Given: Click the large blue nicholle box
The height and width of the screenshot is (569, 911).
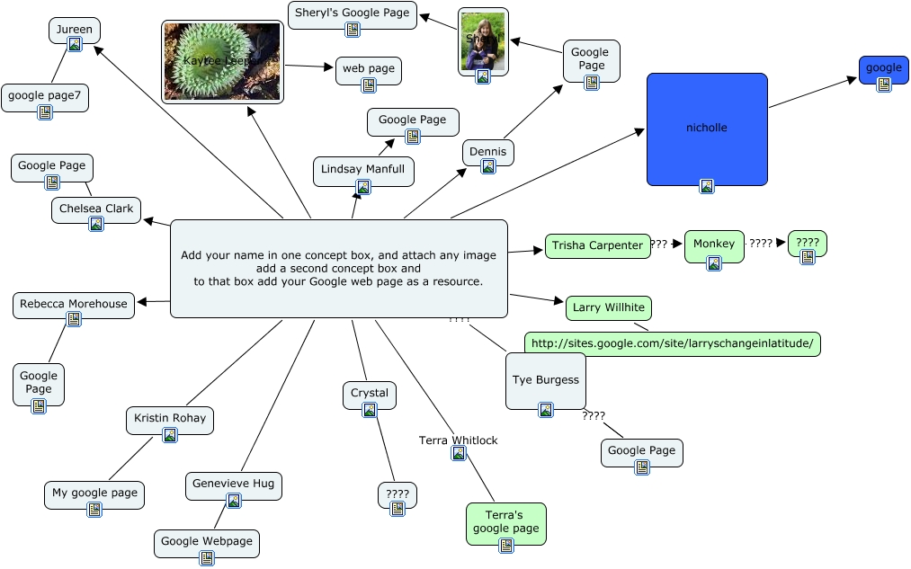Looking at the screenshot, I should pos(707,129).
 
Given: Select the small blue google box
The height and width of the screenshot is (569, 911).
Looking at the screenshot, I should pos(883,69).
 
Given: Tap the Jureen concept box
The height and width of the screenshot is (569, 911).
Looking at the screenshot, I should pos(75,31).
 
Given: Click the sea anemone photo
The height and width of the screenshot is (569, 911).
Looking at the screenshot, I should pos(222,61).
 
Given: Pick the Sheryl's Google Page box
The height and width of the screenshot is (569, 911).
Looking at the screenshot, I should pos(352,13).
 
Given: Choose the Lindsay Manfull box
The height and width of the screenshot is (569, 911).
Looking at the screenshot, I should pos(363,170).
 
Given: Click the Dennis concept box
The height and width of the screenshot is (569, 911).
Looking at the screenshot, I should pos(488,153).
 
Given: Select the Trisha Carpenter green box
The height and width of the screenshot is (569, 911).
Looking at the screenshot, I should pos(597,245).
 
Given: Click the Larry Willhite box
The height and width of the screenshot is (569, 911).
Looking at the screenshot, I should pos(609,308).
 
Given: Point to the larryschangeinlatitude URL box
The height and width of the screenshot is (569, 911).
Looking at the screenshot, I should pos(672,343).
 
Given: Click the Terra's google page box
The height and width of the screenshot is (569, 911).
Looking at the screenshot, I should pos(505,522).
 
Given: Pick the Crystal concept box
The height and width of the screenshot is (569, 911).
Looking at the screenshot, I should pos(370,395).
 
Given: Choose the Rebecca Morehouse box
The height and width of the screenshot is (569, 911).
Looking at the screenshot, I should pos(74,305).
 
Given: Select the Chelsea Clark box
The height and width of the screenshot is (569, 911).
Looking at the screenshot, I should pos(95,209).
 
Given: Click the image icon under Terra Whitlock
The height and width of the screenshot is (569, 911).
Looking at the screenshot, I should pos(459,454).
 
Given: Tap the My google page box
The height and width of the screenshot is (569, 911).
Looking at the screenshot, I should pos(94,494).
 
